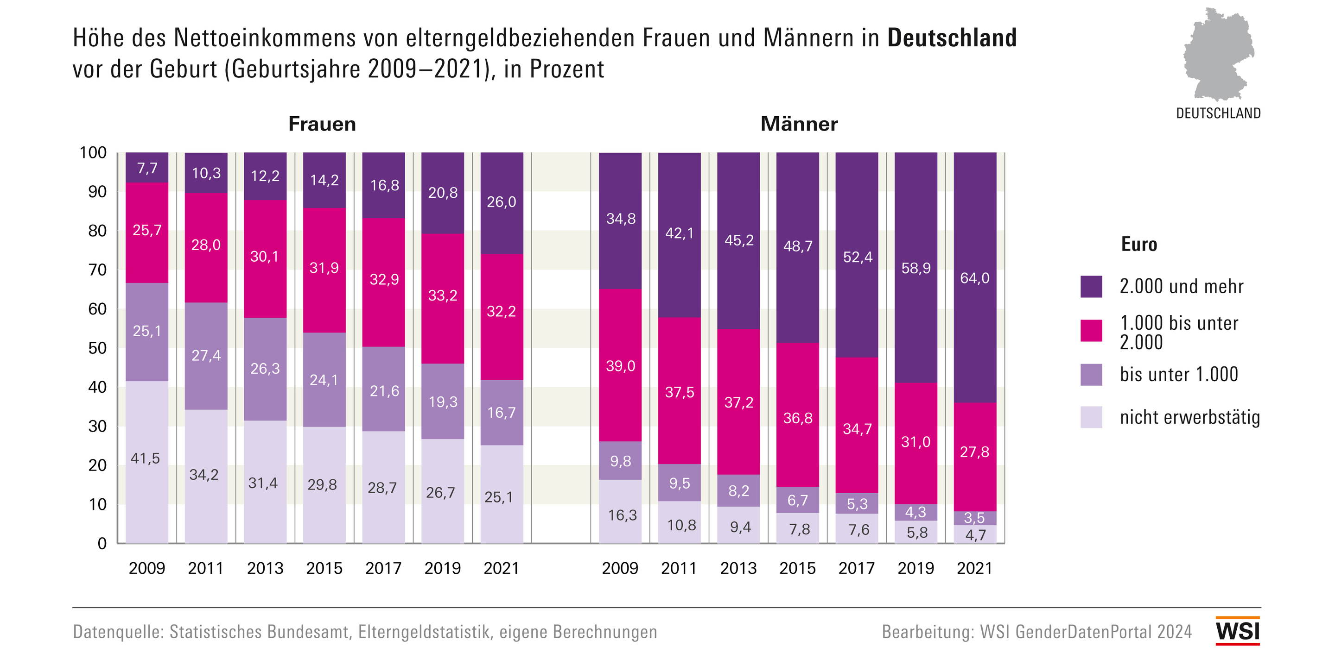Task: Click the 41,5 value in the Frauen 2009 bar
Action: point(146,458)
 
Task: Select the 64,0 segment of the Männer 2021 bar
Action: point(975,278)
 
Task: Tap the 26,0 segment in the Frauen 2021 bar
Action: point(501,202)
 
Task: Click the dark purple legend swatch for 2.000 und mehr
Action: point(1091,286)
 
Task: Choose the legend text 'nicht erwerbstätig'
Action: point(1189,417)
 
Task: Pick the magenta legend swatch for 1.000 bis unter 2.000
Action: point(1091,330)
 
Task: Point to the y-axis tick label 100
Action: point(93,153)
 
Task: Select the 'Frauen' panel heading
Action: point(322,124)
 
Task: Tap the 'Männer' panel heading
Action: point(799,124)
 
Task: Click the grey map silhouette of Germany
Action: point(1218,54)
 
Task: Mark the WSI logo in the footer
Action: point(1237,631)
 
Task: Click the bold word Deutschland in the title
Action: point(952,38)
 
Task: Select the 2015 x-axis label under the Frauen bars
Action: point(324,568)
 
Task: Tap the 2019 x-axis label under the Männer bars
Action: point(916,568)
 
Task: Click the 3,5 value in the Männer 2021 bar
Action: point(974,518)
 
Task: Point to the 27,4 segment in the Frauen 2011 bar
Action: point(206,356)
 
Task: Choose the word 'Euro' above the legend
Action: point(1138,245)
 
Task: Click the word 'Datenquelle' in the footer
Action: point(118,632)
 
